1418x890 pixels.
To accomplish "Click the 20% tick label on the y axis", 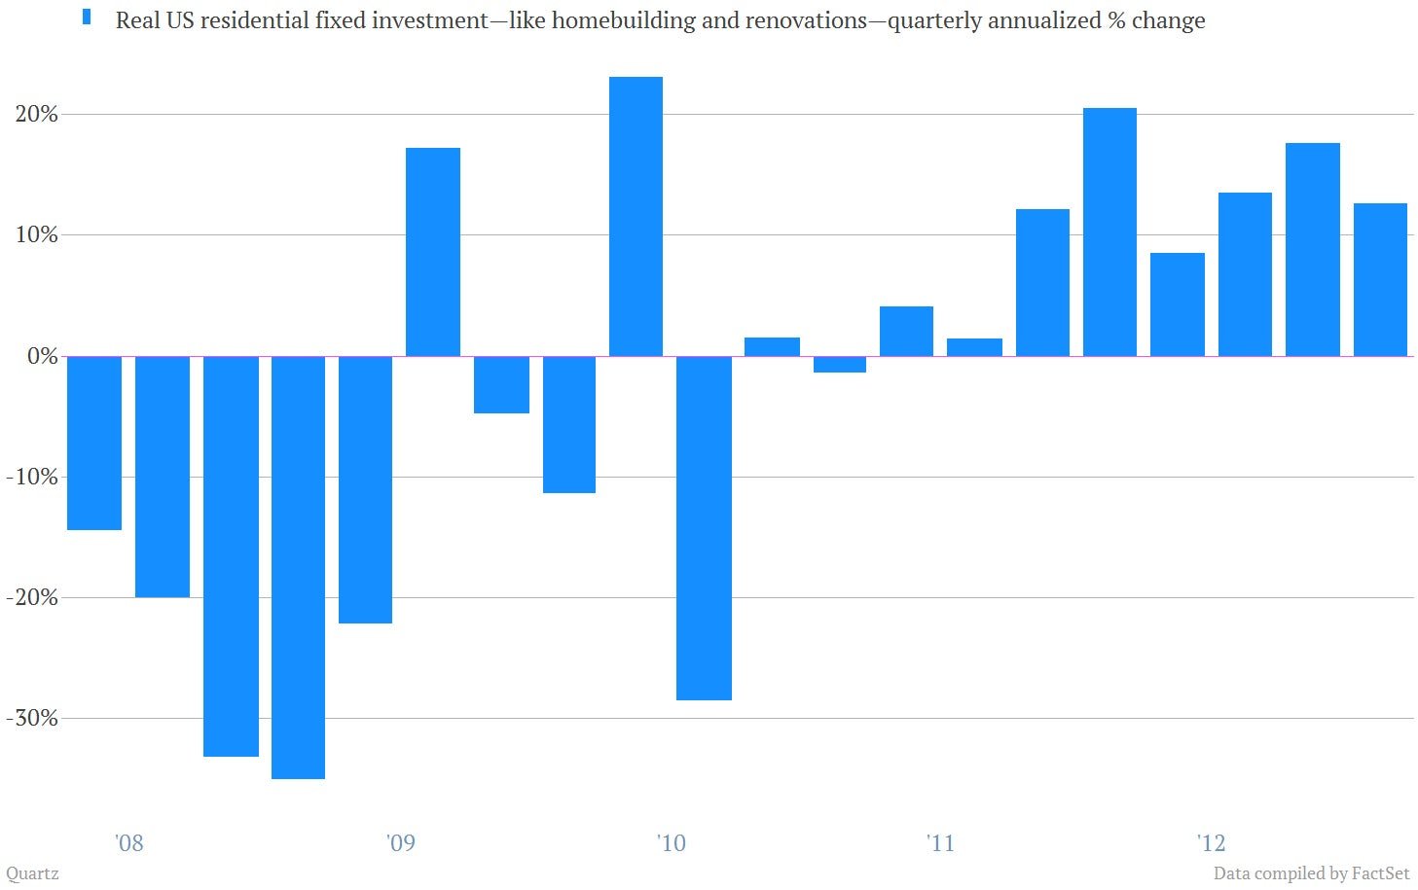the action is click(36, 115).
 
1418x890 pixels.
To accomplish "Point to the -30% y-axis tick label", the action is click(32, 719).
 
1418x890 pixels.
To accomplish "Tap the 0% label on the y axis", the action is click(43, 356).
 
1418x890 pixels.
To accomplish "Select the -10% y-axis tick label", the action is click(32, 477).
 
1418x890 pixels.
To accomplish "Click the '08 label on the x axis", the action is click(129, 843).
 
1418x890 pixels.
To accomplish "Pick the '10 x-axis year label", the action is click(671, 843).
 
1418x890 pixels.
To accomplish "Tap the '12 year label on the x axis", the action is click(1211, 843).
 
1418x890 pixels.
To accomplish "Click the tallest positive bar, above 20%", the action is click(636, 216).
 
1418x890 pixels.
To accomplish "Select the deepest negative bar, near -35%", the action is click(298, 567).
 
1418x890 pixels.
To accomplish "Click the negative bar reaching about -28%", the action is click(704, 528).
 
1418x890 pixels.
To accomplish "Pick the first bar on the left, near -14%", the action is click(94, 443).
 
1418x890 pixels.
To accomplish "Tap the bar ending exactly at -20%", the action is click(163, 477).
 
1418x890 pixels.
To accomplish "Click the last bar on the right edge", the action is click(1380, 279).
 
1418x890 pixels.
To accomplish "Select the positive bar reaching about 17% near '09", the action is click(433, 252).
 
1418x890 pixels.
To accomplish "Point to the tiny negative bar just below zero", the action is click(839, 365).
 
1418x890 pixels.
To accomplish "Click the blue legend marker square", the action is click(87, 18).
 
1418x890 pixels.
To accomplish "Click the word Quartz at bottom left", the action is click(32, 874).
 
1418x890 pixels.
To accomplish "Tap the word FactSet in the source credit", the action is click(1381, 873).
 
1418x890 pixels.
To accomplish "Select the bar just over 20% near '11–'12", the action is click(1109, 232).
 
